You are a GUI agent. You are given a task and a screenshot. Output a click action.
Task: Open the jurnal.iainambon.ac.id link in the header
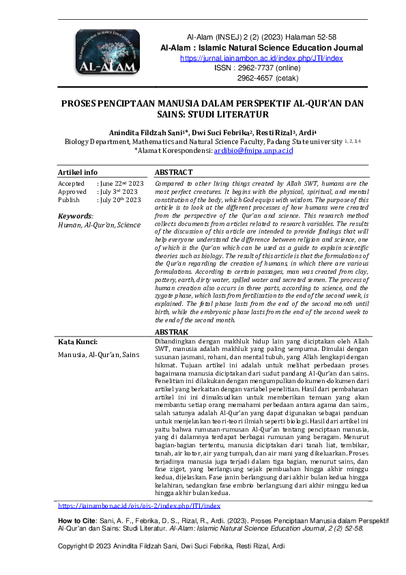pyautogui.click(x=261, y=59)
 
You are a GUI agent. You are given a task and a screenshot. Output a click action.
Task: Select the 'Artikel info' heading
pyautogui.click(x=78, y=172)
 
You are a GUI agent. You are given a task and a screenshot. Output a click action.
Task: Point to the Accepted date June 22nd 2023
pyautogui.click(x=121, y=184)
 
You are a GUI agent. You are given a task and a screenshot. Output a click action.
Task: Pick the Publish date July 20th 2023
pyautogui.click(x=121, y=200)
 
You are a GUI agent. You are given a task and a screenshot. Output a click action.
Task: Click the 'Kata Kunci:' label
pyautogui.click(x=78, y=341)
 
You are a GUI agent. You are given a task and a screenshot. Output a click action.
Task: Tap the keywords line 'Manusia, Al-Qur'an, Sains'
pyautogui.click(x=99, y=354)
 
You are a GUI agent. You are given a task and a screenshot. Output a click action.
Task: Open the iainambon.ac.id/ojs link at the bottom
pyautogui.click(x=139, y=506)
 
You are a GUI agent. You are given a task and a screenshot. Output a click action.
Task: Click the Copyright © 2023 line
pyautogui.click(x=171, y=546)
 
